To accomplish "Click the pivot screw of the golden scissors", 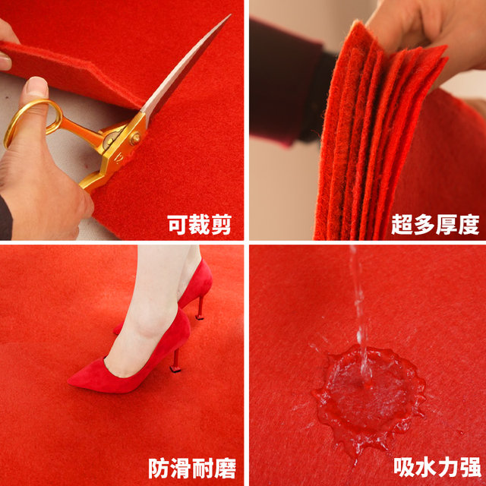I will click(x=135, y=139).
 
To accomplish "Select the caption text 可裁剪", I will click(x=200, y=224).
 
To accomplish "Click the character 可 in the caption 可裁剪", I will click(x=178, y=224).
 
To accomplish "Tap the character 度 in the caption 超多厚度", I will click(x=469, y=224).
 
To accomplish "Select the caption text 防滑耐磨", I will click(x=192, y=467).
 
